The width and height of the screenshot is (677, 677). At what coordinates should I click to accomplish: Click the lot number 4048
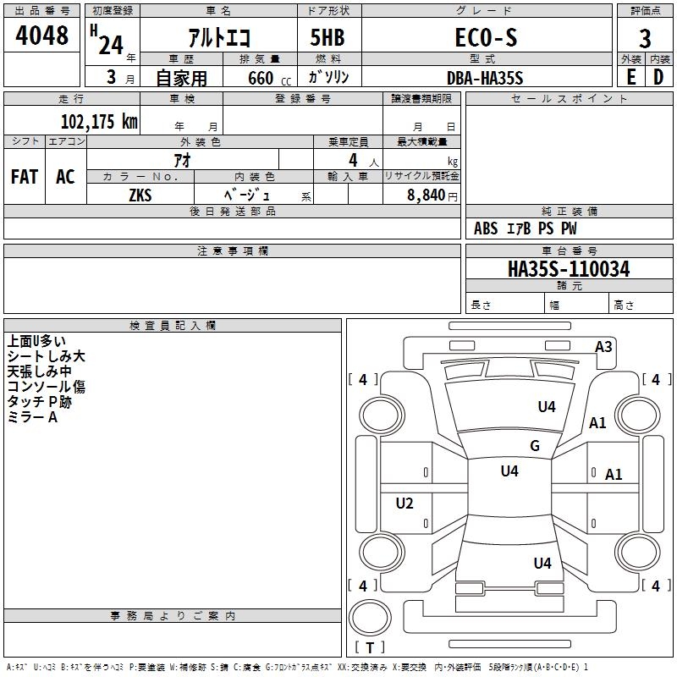41,36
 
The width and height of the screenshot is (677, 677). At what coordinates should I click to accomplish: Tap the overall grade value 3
645,39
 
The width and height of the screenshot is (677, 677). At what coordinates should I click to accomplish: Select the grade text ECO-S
486,37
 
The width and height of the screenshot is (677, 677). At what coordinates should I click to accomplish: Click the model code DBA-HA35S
485,78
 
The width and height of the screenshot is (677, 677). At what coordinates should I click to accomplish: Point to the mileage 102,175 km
99,121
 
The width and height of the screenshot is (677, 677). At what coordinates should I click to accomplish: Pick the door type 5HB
327,37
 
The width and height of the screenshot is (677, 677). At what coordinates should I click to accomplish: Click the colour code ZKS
140,195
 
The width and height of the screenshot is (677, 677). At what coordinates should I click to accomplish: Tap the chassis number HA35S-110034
569,269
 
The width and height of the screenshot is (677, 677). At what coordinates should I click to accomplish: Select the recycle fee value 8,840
427,195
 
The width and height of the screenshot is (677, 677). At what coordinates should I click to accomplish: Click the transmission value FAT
25,177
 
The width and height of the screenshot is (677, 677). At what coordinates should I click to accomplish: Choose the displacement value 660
261,78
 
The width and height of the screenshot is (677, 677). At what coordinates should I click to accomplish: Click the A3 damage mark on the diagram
603,347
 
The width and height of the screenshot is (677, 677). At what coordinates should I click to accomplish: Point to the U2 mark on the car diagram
405,503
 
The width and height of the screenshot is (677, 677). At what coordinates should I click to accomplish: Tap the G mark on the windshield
535,445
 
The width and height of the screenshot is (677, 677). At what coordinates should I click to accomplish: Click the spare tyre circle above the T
370,618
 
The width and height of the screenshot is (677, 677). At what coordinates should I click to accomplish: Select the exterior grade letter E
630,77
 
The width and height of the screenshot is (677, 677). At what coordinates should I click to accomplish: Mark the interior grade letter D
658,77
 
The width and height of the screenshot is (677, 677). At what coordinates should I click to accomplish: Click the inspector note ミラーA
32,417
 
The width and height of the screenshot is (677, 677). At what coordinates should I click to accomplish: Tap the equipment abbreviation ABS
486,228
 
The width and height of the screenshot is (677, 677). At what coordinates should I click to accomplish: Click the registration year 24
111,46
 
